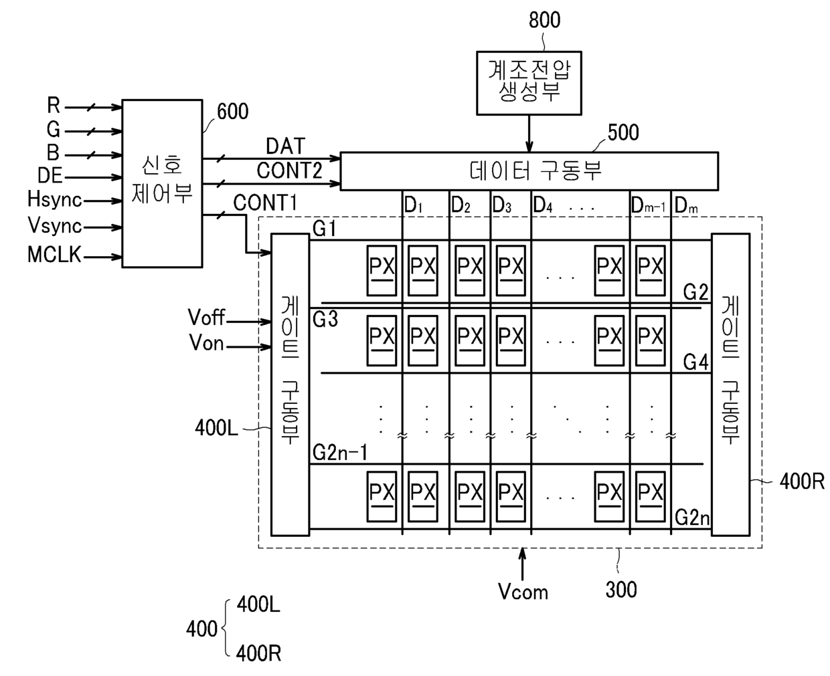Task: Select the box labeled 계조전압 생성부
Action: [529, 83]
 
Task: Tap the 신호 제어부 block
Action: [162, 184]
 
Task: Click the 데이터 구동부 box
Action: [529, 171]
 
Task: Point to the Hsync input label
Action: [55, 199]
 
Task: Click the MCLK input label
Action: [54, 254]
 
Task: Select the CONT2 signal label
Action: [289, 171]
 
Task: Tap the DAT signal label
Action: [286, 146]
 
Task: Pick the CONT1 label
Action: [265, 203]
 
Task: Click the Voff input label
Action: [206, 317]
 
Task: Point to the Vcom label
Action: [523, 592]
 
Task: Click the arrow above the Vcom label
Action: [523, 564]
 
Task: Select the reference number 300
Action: [621, 590]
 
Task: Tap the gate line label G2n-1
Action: [340, 452]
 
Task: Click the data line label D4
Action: [543, 205]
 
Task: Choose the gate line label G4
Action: [696, 362]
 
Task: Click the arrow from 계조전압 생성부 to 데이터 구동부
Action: [529, 133]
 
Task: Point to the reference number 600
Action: [232, 111]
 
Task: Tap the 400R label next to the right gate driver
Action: [802, 481]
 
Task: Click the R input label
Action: [54, 106]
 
